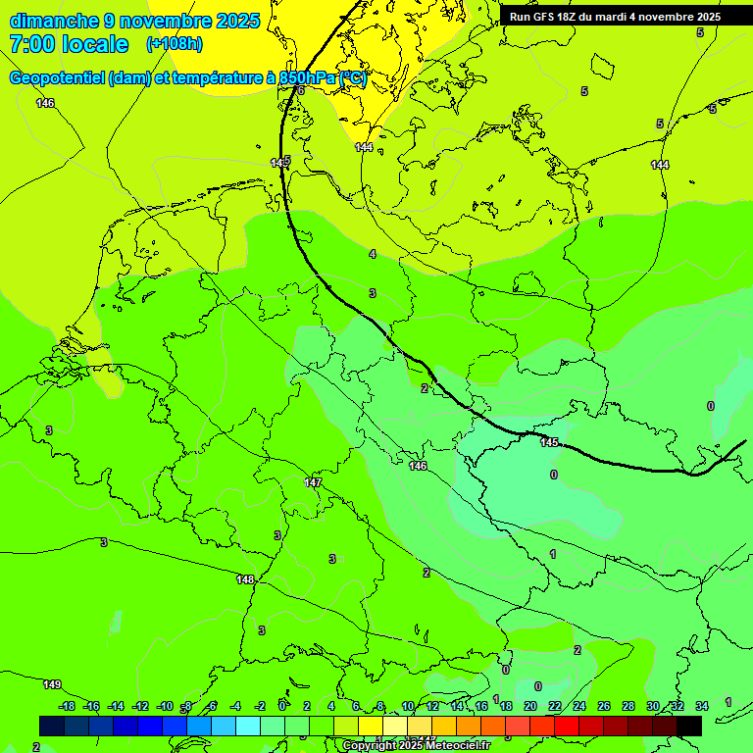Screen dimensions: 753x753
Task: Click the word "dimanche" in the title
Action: tap(54, 21)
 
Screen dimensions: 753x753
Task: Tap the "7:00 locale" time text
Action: tap(68, 44)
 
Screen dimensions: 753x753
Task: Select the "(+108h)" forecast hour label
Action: tap(175, 44)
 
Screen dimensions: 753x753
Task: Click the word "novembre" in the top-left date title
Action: tap(167, 21)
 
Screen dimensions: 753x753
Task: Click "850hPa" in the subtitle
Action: tap(307, 78)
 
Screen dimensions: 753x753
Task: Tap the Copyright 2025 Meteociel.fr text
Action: tap(404, 745)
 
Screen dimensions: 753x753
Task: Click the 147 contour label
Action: tap(313, 482)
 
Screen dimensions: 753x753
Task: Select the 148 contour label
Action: tap(245, 579)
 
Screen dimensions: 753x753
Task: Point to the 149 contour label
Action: tap(52, 684)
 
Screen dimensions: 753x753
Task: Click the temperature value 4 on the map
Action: tap(372, 254)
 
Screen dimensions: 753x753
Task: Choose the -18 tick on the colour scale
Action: tap(67, 706)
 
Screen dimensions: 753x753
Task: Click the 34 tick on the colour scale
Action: tap(702, 706)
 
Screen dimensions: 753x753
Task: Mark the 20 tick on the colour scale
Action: tap(530, 706)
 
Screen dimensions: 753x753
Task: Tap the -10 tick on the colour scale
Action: tap(165, 706)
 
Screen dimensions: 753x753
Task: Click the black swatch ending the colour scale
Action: tap(689, 726)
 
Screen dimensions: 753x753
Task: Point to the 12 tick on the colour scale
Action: tap(432, 706)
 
